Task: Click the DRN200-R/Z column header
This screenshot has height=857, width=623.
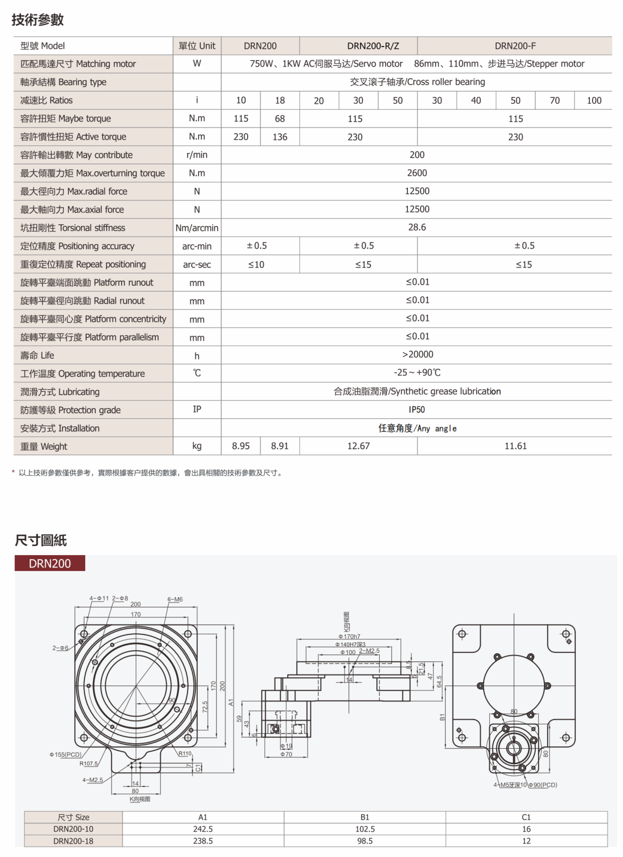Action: tap(373, 46)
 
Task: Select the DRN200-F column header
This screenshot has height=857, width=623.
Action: tap(515, 46)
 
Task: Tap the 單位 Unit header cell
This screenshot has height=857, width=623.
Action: tap(197, 46)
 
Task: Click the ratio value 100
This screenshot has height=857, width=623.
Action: tap(594, 101)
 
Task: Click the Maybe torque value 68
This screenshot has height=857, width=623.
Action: tap(280, 119)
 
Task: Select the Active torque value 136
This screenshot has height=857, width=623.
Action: tap(280, 137)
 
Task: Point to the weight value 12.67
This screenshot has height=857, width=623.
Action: tap(358, 446)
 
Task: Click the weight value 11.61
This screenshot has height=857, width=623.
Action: tap(515, 446)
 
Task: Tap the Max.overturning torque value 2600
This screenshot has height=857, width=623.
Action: tap(417, 173)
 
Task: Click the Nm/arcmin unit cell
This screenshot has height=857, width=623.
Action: tap(197, 228)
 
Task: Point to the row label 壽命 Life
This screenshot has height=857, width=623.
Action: tap(37, 356)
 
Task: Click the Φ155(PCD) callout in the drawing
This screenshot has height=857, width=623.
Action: tap(65, 754)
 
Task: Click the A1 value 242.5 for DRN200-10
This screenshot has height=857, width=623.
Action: tap(203, 829)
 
